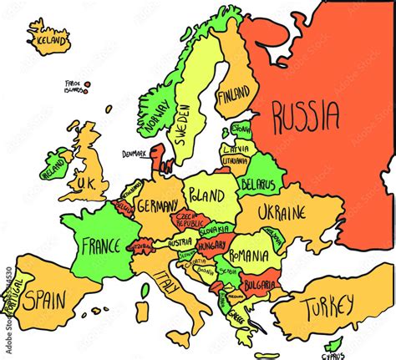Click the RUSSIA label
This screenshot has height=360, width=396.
tap(306, 115)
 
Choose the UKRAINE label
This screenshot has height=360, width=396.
tap(281, 213)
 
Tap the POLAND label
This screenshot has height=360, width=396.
tap(206, 196)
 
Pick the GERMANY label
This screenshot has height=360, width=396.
tap(156, 206)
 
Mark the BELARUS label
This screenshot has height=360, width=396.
tap(256, 184)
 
